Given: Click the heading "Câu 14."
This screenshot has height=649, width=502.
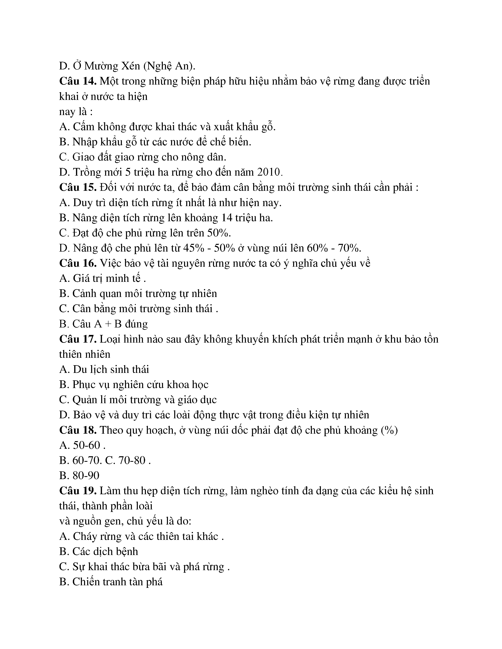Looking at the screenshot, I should tap(78, 81).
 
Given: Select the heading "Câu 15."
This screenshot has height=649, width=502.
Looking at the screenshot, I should tap(78, 187).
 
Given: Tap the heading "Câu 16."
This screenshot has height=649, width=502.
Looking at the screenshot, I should tap(78, 263).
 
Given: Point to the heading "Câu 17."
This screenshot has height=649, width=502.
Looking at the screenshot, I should tap(78, 339).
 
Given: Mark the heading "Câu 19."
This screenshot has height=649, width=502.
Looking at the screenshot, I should tap(78, 491).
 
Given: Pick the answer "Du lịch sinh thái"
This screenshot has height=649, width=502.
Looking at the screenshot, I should tap(111, 369).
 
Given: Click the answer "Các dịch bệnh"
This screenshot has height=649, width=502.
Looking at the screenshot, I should tap(105, 551).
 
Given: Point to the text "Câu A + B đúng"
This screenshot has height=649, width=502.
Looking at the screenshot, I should tap(110, 324).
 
